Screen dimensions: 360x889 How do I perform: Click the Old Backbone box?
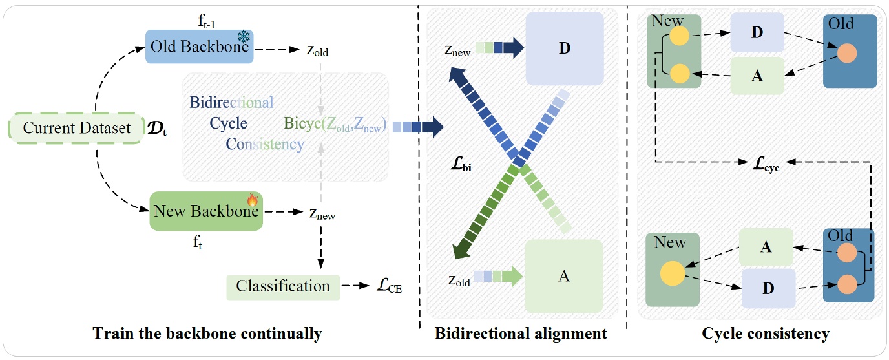199,47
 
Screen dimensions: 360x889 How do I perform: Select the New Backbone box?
206,211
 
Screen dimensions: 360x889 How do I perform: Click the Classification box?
283,286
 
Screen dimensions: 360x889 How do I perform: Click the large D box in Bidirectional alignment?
565,49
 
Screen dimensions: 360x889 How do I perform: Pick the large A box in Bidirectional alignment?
563,276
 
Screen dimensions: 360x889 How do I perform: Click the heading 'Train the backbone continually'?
207,334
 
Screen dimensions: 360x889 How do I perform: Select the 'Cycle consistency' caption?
766,334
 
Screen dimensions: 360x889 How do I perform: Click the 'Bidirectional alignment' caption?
521,334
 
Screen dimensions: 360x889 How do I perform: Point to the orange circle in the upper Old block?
848,54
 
